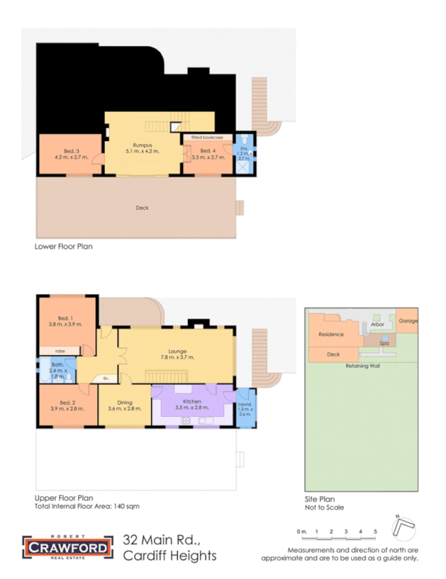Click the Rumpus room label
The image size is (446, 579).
coord(141,145)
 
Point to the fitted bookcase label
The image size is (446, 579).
coord(207,137)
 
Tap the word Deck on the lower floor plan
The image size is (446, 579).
coord(142,208)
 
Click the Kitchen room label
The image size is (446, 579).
coord(192,402)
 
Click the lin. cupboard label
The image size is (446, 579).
coord(106,379)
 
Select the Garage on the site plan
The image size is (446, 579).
coord(408,320)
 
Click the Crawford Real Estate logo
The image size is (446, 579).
coord(68,547)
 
